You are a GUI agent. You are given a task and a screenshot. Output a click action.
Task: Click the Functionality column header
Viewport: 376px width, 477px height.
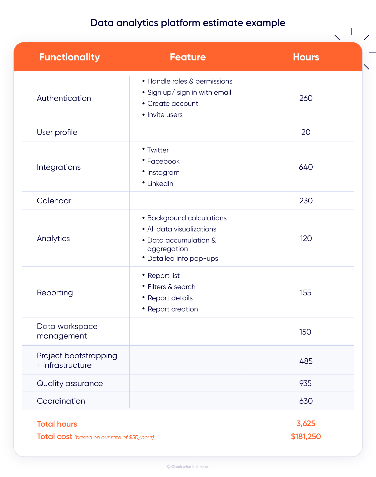click(69, 57)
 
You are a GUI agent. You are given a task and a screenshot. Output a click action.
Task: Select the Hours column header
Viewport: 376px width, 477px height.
click(306, 57)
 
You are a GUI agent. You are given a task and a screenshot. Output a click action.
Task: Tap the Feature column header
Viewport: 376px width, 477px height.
click(188, 57)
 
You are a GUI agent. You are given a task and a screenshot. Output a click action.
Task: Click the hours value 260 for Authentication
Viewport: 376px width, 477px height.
click(306, 98)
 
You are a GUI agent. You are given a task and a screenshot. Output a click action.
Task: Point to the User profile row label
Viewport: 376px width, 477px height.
click(57, 132)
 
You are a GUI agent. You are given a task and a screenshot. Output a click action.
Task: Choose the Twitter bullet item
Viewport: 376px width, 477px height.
click(158, 150)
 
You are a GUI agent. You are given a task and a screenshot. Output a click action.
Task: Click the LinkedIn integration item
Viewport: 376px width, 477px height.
click(160, 184)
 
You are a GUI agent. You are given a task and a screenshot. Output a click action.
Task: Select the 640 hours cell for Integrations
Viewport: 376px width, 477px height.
click(306, 167)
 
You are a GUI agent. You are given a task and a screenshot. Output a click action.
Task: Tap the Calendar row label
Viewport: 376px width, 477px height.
click(54, 201)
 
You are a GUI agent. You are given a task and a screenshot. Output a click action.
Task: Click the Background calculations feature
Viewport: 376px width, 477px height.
click(187, 218)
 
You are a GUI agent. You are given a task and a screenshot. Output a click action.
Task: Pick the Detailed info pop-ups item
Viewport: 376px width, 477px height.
click(182, 258)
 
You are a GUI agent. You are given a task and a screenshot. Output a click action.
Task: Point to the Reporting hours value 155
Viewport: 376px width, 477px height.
click(306, 292)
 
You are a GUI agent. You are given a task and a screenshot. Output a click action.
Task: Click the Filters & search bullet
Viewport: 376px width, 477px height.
click(171, 287)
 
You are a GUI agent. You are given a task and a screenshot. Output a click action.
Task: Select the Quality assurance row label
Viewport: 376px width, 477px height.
click(70, 383)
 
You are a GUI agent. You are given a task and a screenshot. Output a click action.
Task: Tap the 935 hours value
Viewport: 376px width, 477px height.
click(305, 383)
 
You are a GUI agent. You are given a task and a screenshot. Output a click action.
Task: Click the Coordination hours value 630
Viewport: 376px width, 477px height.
click(306, 401)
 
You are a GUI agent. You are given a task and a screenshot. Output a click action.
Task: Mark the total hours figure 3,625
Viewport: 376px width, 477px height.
click(306, 424)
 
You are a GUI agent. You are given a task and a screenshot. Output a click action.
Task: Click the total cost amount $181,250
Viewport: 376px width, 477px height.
click(306, 437)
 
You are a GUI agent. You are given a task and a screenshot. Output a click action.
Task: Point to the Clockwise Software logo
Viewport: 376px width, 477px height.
click(188, 466)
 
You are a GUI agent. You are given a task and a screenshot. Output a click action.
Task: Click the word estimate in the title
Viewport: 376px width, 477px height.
click(223, 23)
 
